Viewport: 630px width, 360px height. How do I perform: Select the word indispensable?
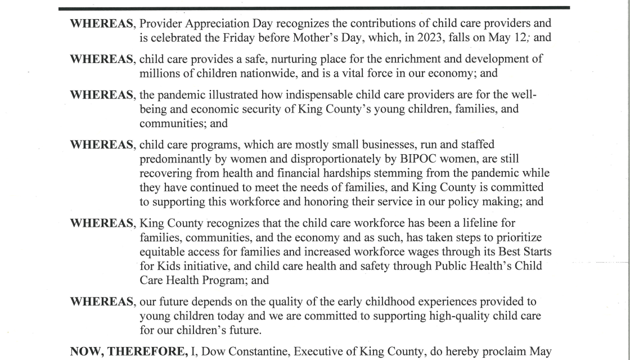pyautogui.click(x=287, y=94)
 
